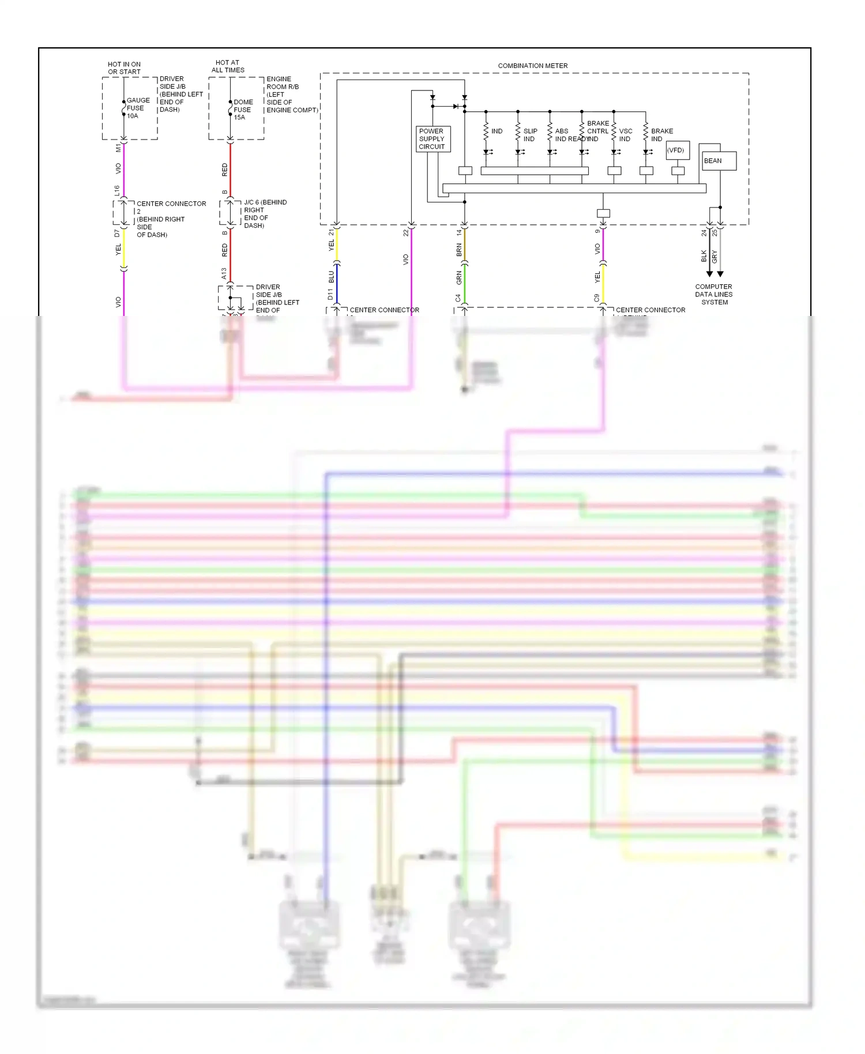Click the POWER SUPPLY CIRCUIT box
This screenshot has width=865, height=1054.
tap(432, 139)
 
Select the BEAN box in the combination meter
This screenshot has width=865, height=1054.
tap(719, 161)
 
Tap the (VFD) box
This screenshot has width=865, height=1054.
tap(677, 150)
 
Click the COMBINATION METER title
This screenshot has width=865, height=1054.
tap(532, 66)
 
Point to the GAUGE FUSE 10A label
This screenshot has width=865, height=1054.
tap(137, 108)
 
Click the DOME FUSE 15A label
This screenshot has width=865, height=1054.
tap(243, 110)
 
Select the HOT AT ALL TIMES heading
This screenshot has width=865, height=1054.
tap(228, 66)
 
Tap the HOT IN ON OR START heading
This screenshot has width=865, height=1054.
tap(124, 68)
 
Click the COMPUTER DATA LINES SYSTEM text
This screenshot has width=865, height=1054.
tap(714, 294)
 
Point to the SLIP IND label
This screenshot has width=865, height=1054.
tap(529, 135)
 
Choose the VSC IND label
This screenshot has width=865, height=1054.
tap(625, 135)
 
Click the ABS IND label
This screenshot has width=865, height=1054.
tap(561, 135)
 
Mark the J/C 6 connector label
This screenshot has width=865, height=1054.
tap(264, 213)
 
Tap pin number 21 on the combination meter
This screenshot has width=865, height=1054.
tap(331, 232)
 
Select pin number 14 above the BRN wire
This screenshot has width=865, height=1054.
tap(459, 232)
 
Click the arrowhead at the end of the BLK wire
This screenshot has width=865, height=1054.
tap(709, 274)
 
